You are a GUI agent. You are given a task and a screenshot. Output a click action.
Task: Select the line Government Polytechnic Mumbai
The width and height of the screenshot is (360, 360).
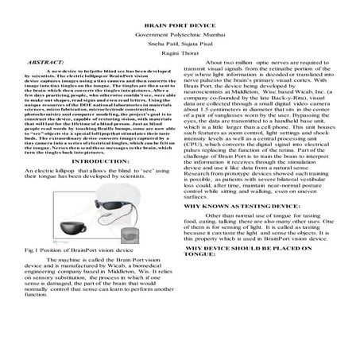[x=180, y=37]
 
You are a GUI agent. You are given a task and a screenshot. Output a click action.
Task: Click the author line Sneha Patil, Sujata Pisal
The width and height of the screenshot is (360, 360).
[x=180, y=48]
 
